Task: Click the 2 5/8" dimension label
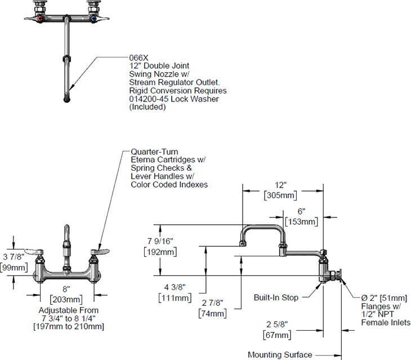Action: (x=276, y=325)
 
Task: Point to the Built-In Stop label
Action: (x=275, y=297)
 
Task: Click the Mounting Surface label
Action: (x=280, y=355)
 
